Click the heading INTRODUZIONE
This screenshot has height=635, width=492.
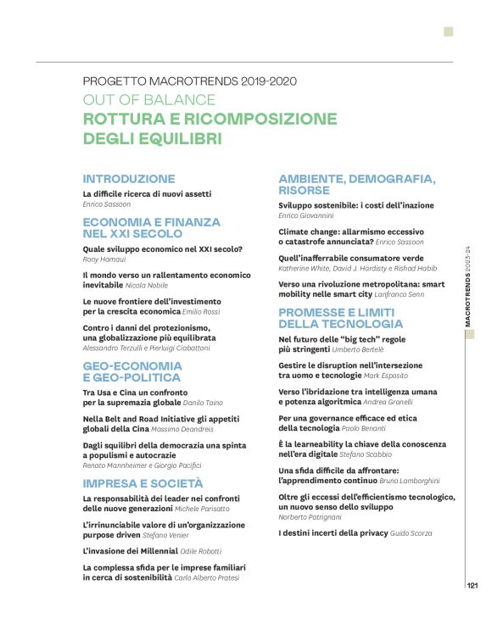129,179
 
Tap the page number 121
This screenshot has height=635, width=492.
474,584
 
